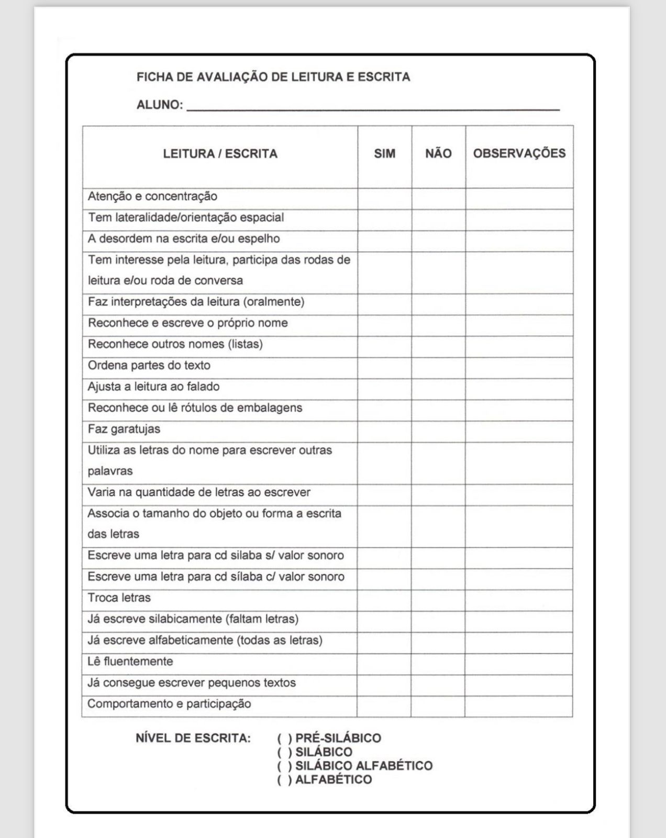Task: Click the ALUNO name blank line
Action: click(373, 107)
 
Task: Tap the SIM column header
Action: click(385, 154)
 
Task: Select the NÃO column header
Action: click(438, 154)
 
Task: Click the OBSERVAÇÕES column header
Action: click(519, 153)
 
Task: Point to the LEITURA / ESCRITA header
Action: click(220, 154)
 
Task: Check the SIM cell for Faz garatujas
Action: click(384, 431)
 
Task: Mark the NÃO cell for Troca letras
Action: click(438, 600)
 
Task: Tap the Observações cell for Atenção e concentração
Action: click(519, 199)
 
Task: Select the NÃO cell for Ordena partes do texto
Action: click(438, 368)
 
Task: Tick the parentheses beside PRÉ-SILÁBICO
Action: click(285, 738)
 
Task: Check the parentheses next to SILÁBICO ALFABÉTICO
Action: click(285, 766)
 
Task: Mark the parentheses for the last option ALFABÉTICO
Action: click(285, 780)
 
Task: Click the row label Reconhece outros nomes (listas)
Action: click(175, 345)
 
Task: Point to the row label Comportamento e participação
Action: click(169, 704)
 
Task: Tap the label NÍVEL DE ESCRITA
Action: click(193, 738)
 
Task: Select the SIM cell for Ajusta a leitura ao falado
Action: click(384, 389)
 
